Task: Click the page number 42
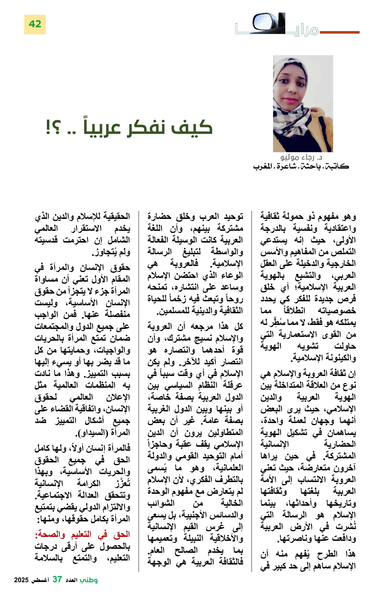(35, 24)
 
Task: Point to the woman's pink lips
(290, 99)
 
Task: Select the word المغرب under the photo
(263, 166)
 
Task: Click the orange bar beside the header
(339, 32)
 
